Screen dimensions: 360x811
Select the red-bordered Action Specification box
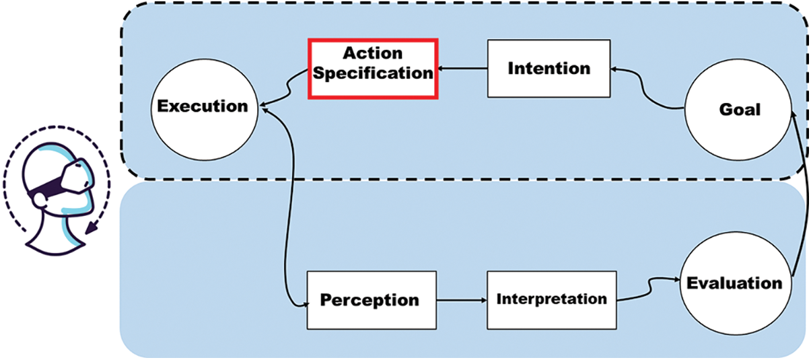373,69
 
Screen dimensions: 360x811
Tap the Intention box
549,68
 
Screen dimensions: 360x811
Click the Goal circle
739,109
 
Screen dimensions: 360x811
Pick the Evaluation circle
734,283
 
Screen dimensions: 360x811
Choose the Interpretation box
551,299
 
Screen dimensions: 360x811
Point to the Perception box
371,300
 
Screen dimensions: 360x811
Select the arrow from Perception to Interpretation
462,300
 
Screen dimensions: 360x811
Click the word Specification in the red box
373,73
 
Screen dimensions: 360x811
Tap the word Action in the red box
373,54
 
